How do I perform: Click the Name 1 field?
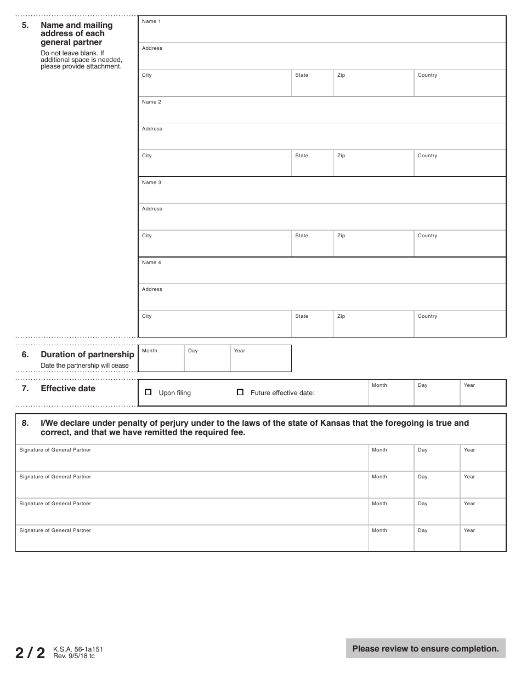pos(322,30)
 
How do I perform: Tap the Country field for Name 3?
pos(460,244)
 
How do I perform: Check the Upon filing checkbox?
pos(148,392)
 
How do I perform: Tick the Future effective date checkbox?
pos(240,392)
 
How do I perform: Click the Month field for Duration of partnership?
pos(161,359)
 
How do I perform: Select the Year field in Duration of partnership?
pos(260,359)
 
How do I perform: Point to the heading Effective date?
pos(68,389)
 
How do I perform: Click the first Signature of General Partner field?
pos(191,458)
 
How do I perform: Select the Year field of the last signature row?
pos(483,539)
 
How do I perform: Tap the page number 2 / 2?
pos(30,653)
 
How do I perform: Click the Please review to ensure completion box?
pos(426,649)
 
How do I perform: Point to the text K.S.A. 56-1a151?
pos(78,649)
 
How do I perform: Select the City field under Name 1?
pos(214,83)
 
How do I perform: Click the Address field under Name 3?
pos(322,217)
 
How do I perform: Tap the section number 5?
pos(25,25)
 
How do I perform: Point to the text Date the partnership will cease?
pos(84,365)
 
